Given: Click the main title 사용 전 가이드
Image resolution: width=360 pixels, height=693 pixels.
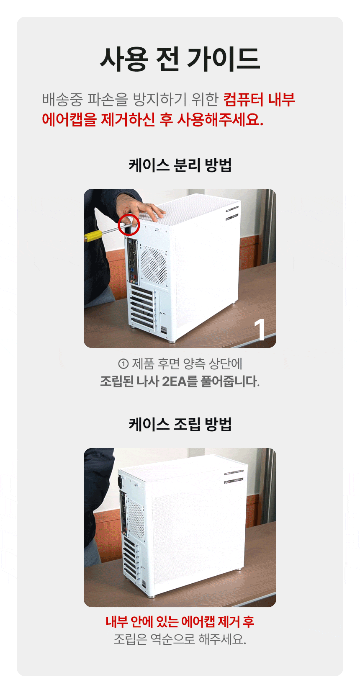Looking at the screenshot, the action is [180, 59].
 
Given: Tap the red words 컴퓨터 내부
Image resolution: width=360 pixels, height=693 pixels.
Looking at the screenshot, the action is [259, 100].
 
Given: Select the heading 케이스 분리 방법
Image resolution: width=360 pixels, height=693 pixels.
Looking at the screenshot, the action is [180, 165].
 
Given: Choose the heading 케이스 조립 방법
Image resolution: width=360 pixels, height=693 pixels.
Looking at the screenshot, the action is [180, 424].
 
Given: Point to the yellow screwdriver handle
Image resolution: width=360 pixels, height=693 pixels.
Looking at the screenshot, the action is [93, 236].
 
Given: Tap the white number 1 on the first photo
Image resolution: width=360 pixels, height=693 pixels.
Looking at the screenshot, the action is [260, 330].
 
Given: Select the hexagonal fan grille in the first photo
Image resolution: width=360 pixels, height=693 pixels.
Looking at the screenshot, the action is [153, 265].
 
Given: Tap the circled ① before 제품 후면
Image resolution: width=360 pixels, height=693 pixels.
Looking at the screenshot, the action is [123, 363].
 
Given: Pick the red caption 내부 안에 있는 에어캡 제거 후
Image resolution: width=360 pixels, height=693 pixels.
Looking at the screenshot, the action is [180, 621].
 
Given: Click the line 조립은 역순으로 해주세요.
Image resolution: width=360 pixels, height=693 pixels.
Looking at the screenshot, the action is [180, 639].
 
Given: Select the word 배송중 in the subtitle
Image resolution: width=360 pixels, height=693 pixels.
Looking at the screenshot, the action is [62, 100].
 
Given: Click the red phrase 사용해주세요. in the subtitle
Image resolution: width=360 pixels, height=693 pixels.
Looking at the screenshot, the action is [220, 119].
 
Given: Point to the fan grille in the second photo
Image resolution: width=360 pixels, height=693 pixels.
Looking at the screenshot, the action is [136, 520].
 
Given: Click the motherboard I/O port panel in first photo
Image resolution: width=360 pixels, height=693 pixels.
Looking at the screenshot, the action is [132, 260].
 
